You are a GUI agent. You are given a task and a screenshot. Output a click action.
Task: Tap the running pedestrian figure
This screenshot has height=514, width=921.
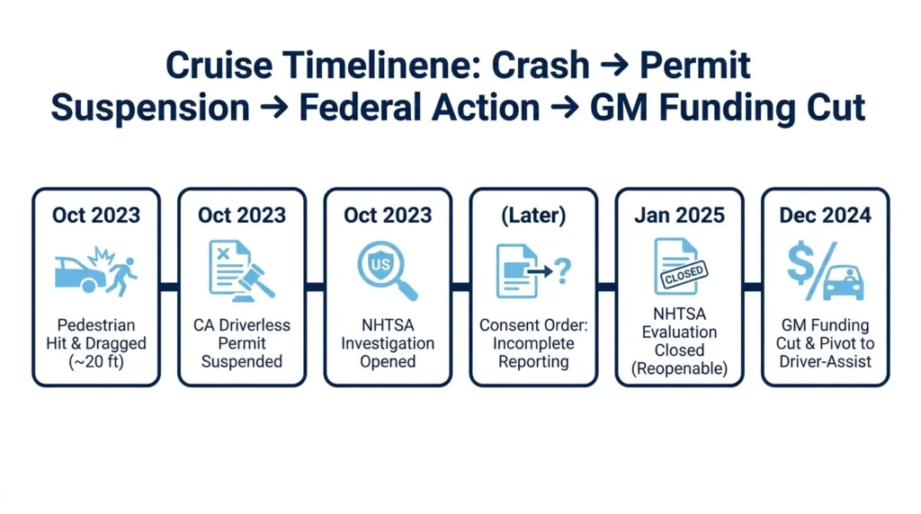click(123, 277)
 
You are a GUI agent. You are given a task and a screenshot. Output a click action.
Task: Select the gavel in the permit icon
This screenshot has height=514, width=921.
click(254, 281)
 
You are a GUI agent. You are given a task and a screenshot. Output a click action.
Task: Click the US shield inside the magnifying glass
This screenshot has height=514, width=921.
click(380, 264)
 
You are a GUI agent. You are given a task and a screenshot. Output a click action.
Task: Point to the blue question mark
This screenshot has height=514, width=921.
click(562, 271)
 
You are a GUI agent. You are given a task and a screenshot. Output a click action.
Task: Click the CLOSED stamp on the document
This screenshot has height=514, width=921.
click(684, 274)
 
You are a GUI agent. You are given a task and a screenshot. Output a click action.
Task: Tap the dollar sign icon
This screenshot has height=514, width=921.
click(800, 264)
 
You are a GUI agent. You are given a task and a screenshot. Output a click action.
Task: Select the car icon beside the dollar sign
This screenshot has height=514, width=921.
click(844, 283)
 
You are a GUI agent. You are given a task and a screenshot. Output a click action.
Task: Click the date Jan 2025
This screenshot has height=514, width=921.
click(680, 216)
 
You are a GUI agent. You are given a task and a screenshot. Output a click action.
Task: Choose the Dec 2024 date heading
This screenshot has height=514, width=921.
click(826, 216)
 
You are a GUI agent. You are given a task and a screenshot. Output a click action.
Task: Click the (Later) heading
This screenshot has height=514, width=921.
click(533, 216)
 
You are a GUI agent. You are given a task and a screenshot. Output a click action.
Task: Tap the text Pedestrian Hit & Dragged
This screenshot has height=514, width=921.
click(96, 334)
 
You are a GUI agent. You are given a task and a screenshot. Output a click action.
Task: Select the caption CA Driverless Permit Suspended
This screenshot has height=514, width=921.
click(242, 343)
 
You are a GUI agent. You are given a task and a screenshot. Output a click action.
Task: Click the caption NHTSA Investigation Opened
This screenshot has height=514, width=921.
click(388, 343)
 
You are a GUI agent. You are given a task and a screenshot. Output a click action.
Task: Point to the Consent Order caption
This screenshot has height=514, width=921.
click(533, 325)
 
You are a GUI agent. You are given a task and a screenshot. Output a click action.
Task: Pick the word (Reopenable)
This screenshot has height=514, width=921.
click(680, 368)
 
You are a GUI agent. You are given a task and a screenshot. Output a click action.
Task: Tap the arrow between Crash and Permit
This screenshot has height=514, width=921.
click(614, 65)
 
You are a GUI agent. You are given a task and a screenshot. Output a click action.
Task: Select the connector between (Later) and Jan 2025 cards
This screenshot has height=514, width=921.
click(607, 287)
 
